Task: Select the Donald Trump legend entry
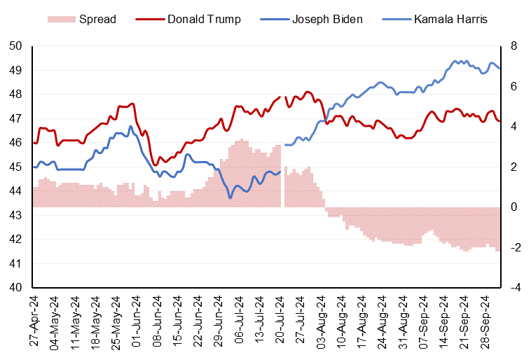(204, 19)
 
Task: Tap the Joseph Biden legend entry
(329, 19)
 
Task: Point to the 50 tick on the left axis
(16, 46)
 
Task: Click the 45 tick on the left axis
(16, 167)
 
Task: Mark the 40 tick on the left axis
(16, 287)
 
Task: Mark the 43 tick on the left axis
(16, 215)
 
